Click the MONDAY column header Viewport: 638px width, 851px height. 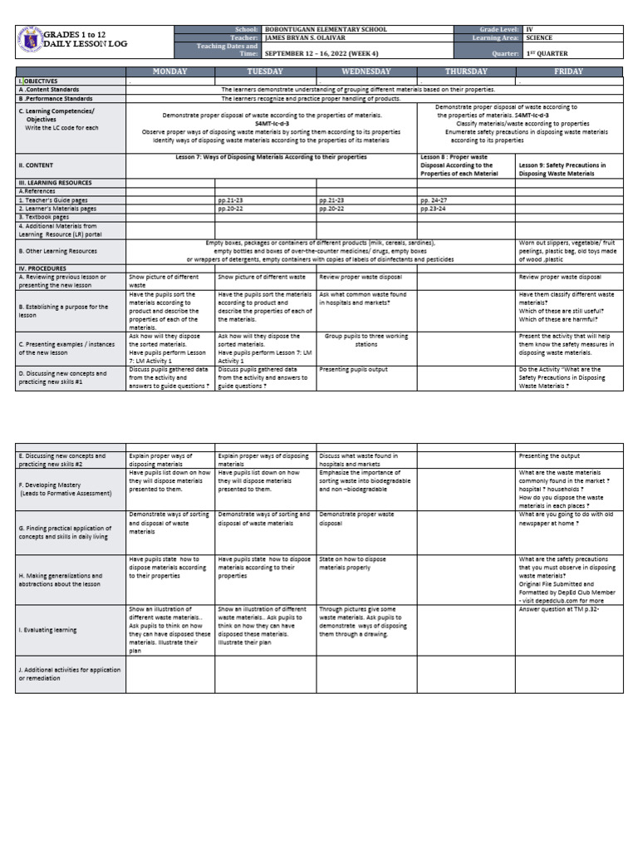point(170,72)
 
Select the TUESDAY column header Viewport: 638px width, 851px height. point(266,72)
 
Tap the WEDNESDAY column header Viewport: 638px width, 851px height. point(366,72)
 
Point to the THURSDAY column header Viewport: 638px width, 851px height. point(466,72)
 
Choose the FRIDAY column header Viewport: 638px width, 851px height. point(568,72)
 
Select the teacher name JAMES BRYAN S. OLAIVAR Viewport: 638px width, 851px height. point(314,37)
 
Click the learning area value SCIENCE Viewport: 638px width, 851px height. point(540,37)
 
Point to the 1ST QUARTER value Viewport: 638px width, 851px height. point(547,53)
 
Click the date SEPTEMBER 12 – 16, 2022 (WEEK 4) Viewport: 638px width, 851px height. point(324,53)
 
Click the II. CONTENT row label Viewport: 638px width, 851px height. point(42,165)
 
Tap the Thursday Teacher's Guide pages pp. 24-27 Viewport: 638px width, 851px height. point(434,200)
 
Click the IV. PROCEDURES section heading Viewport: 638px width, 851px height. point(42,269)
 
